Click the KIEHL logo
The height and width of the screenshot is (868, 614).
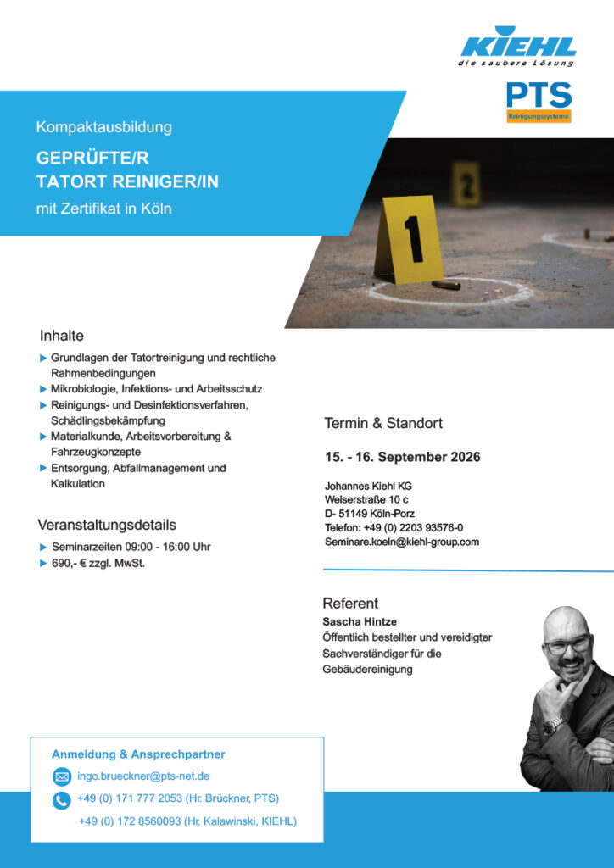click(x=516, y=47)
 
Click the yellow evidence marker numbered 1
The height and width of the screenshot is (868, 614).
click(x=410, y=240)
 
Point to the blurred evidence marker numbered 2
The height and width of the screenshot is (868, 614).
click(x=465, y=183)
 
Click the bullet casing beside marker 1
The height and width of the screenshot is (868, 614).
click(x=446, y=285)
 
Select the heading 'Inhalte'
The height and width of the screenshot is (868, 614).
click(x=62, y=336)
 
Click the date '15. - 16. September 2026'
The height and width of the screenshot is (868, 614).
click(x=403, y=457)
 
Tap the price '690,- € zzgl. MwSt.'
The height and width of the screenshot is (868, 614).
click(x=98, y=563)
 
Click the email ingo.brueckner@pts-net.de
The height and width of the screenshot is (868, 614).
click(x=143, y=776)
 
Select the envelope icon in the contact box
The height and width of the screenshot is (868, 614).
click(x=62, y=776)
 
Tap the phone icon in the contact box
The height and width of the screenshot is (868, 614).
click(x=62, y=799)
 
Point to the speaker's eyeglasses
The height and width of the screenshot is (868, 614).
click(x=567, y=645)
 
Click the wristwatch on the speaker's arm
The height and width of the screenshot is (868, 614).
click(x=554, y=726)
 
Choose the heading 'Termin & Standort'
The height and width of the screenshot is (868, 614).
click(x=383, y=423)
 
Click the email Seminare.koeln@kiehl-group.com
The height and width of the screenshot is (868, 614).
click(x=402, y=542)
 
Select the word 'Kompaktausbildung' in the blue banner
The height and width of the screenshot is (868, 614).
click(x=104, y=127)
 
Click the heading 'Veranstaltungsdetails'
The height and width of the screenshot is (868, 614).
click(x=107, y=525)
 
